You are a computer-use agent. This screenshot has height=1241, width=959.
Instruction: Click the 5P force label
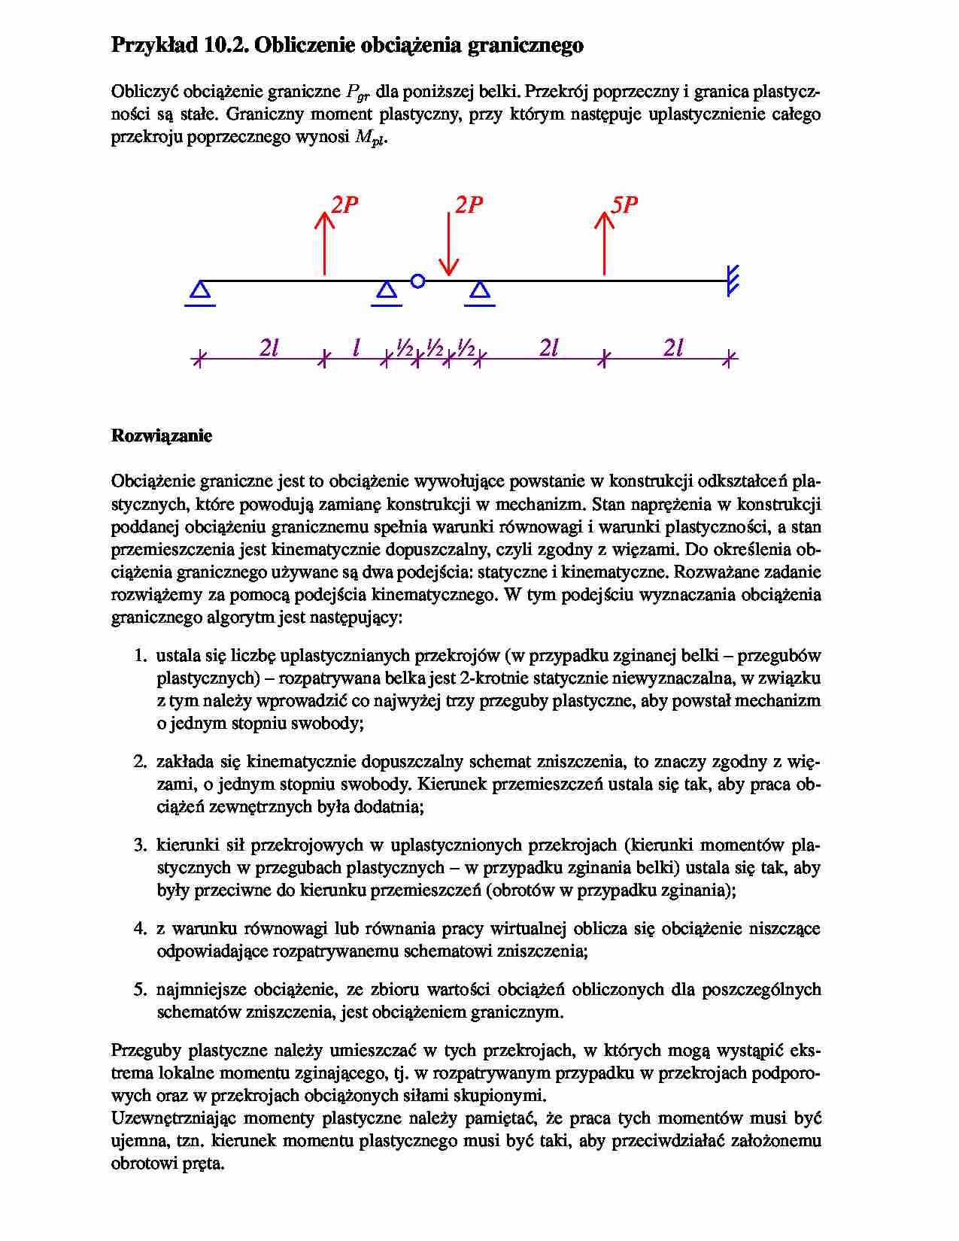(624, 205)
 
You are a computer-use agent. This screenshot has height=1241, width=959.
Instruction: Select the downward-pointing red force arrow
(449, 244)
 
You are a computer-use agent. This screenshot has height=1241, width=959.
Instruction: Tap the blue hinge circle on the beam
(418, 281)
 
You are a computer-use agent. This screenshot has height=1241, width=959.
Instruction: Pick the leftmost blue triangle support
(200, 292)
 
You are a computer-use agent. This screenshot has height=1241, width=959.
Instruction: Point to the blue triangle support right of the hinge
(480, 292)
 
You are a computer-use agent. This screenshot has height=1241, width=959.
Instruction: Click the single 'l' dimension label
(356, 347)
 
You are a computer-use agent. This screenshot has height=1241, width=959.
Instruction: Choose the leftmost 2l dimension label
(269, 347)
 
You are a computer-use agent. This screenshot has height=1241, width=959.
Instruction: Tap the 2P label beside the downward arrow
(469, 205)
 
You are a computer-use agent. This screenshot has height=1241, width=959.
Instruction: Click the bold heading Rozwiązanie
(162, 436)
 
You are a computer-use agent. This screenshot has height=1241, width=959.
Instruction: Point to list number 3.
(140, 845)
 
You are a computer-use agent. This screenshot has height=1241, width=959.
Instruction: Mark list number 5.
(140, 989)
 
